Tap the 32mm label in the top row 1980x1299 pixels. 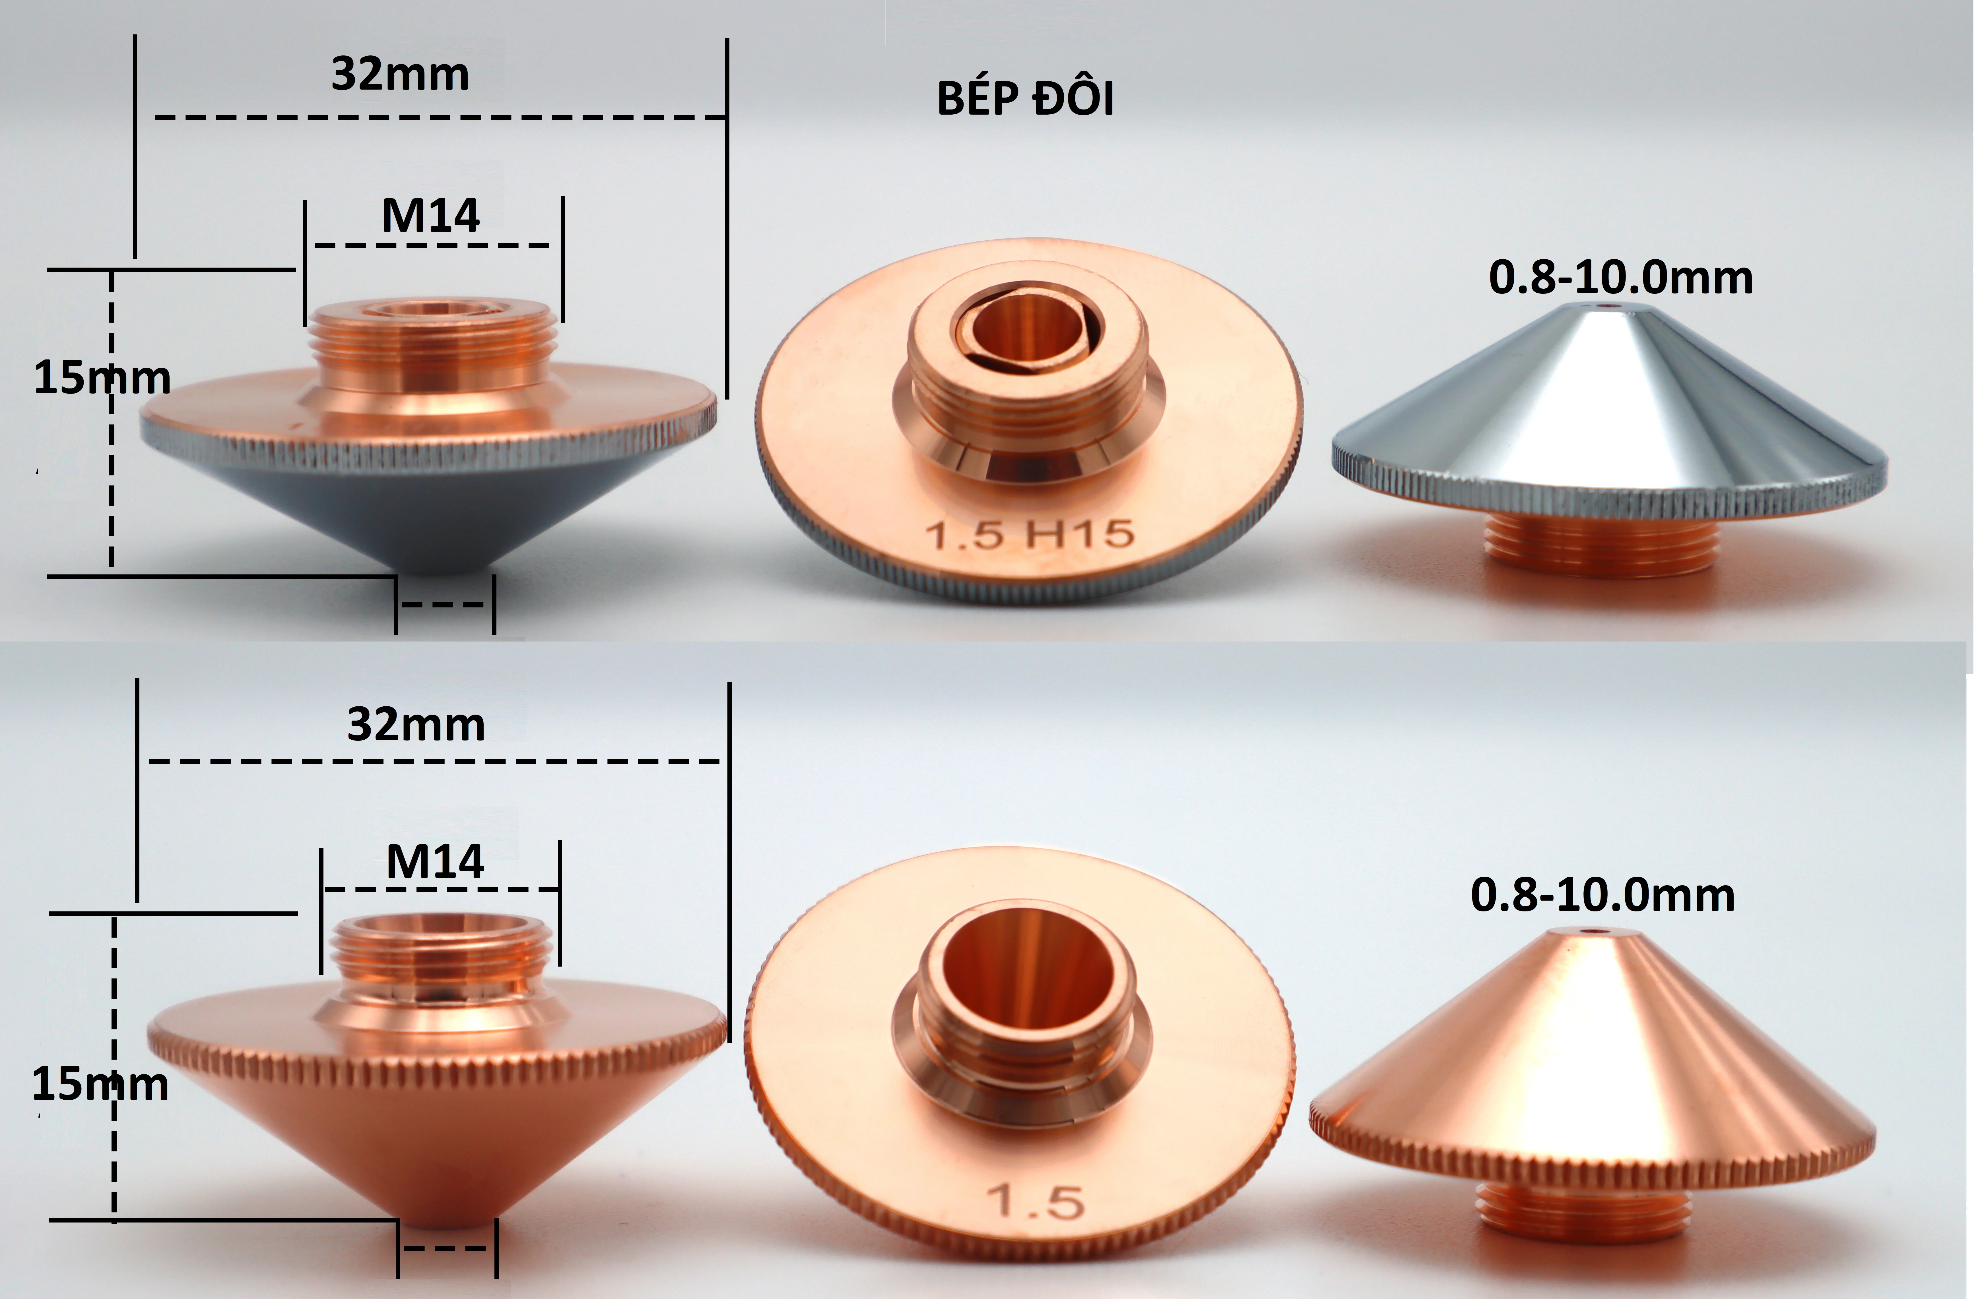coord(400,75)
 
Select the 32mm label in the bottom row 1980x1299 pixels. coord(416,725)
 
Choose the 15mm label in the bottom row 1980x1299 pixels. coord(100,1084)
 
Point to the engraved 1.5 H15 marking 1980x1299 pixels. coord(1030,534)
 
